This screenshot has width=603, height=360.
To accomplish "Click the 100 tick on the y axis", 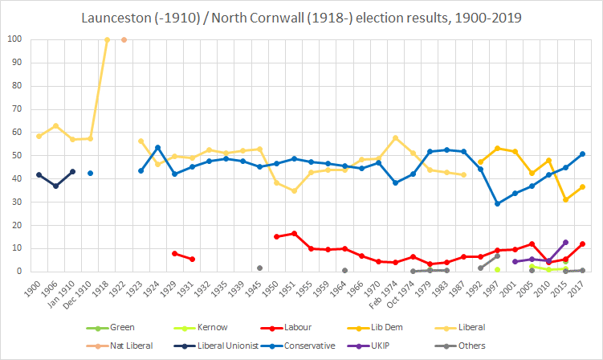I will [14, 39].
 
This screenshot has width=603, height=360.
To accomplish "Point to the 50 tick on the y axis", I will [17, 156].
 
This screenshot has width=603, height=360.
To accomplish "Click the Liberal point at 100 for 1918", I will [107, 39].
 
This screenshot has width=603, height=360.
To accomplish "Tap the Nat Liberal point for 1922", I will [124, 39].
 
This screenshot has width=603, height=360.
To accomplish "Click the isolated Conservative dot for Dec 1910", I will [90, 173].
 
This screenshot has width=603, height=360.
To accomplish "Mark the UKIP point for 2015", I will [565, 242].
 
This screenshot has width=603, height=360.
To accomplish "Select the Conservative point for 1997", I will [497, 203].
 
